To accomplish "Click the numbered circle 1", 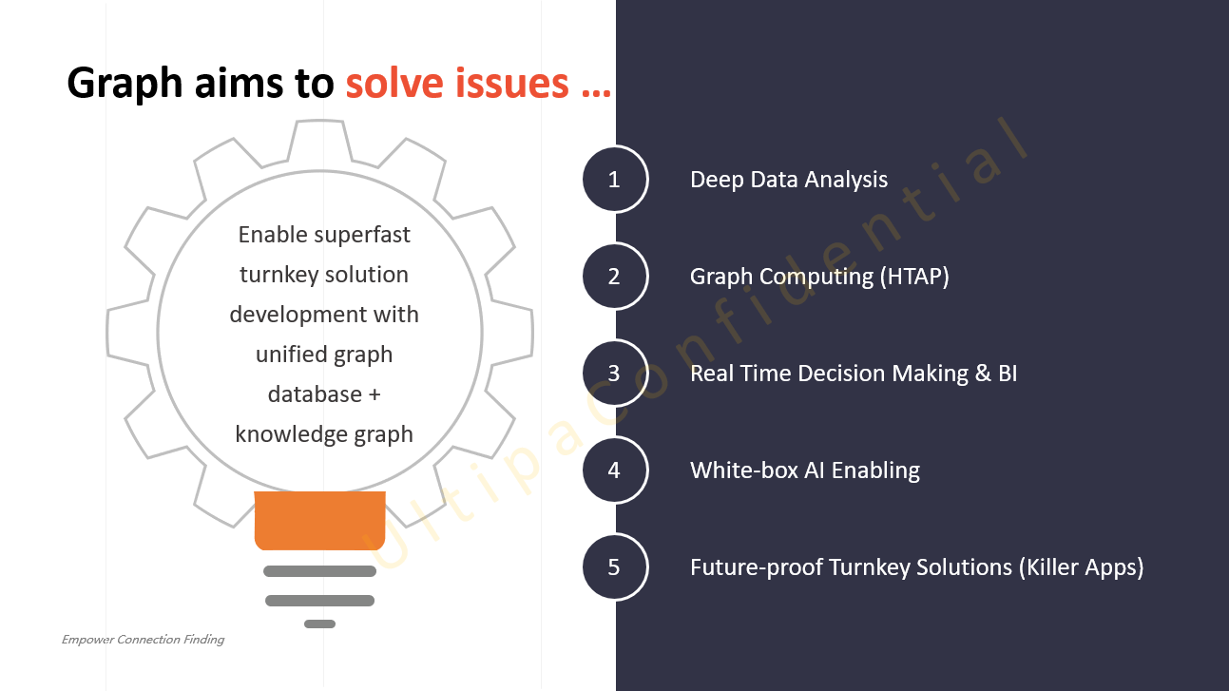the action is pos(615,180).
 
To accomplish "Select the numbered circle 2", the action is pos(615,276).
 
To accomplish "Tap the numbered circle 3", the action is pos(615,374).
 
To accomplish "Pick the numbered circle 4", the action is pos(615,470).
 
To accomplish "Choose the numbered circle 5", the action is pos(615,566).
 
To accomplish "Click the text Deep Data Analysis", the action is pos(788,180).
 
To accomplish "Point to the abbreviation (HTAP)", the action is pos(914,277).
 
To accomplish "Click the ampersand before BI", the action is pos(983,374).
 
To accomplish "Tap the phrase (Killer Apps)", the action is pos(1082,567).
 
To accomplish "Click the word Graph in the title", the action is pos(125,84).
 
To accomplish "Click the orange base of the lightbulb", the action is pos(320,520).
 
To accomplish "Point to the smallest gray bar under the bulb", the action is pos(320,624).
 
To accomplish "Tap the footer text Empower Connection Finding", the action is pos(143,640).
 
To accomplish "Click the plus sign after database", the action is pos(374,394).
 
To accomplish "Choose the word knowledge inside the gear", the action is pos(292,434).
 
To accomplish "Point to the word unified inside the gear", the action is pos(291,355).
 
